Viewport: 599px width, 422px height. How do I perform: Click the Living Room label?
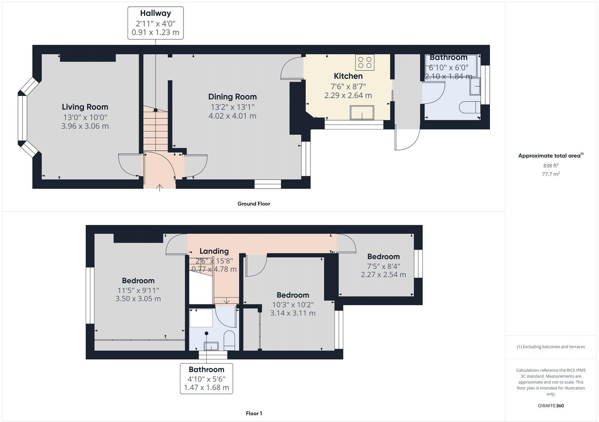tap(85, 107)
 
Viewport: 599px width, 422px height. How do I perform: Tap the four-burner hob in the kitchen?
tap(365, 62)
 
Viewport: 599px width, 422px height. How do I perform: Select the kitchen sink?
tap(362, 112)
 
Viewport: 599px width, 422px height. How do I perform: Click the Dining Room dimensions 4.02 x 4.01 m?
tap(232, 116)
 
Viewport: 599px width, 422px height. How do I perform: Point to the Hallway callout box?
tap(155, 23)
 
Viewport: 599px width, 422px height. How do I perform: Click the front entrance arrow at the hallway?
tap(159, 187)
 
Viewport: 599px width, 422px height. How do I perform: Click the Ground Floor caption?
tap(253, 204)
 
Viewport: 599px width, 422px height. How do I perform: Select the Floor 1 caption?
tap(254, 413)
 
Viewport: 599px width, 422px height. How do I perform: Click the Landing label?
tap(214, 251)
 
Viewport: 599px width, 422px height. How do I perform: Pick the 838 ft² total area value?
tap(551, 165)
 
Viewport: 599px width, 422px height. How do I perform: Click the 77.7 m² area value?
tap(551, 174)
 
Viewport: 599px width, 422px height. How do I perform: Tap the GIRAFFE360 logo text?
tap(551, 406)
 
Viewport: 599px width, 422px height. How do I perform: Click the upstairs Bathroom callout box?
tap(206, 378)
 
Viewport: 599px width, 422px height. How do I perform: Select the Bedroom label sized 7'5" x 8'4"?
tap(383, 257)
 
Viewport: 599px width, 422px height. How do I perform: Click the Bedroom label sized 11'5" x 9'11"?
tap(138, 281)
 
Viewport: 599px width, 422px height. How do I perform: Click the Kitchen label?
tap(348, 76)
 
